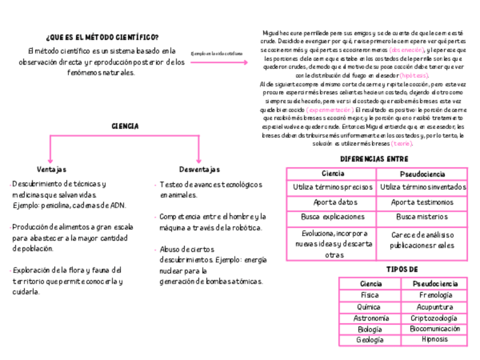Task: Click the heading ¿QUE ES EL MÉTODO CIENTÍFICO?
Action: pyautogui.click(x=102, y=37)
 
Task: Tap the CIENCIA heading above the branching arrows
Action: pyautogui.click(x=125, y=127)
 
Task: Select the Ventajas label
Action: pyautogui.click(x=52, y=169)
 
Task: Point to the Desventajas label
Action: pyautogui.click(x=199, y=169)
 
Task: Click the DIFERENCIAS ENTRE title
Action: pyautogui.click(x=374, y=159)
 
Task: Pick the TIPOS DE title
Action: pyautogui.click(x=402, y=269)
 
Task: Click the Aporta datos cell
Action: pyautogui.click(x=332, y=202)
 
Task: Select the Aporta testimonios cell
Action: pyautogui.click(x=422, y=202)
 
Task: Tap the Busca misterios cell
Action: pyautogui.click(x=422, y=217)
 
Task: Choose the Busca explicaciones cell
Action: pyautogui.click(x=332, y=217)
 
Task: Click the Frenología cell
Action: pyautogui.click(x=435, y=295)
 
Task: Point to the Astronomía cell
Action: pyautogui.click(x=370, y=318)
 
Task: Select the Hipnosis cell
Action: pyautogui.click(x=435, y=340)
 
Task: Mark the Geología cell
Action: pyautogui.click(x=370, y=340)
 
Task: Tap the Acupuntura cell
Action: pyautogui.click(x=435, y=307)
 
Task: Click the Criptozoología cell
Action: pyautogui.click(x=435, y=318)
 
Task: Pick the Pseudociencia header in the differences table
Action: pyautogui.click(x=422, y=174)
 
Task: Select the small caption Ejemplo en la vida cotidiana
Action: pyautogui.click(x=217, y=54)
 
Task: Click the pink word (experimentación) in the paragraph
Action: pyautogui.click(x=330, y=109)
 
